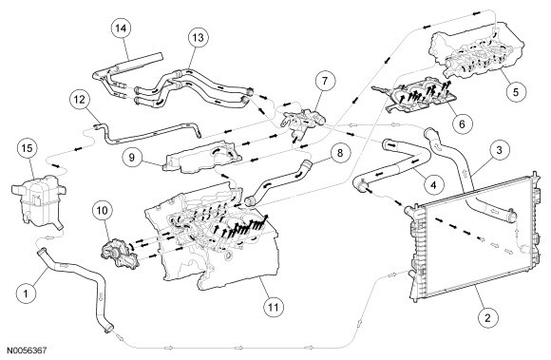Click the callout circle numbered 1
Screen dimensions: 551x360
pos(26,293)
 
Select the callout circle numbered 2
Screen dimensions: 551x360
pos(487,318)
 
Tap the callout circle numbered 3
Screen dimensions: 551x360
pos(499,150)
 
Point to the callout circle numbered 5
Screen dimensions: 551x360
pos(516,92)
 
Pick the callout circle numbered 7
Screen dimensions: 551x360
pos(325,82)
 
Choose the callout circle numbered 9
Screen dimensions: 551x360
pos(132,157)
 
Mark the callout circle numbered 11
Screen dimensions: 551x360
pos(274,308)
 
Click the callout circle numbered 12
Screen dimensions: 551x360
pos(80,100)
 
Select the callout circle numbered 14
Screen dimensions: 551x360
pos(121,28)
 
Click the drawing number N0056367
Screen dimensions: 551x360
pos(27,351)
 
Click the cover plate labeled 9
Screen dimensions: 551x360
pos(202,157)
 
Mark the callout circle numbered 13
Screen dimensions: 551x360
pos(199,38)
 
